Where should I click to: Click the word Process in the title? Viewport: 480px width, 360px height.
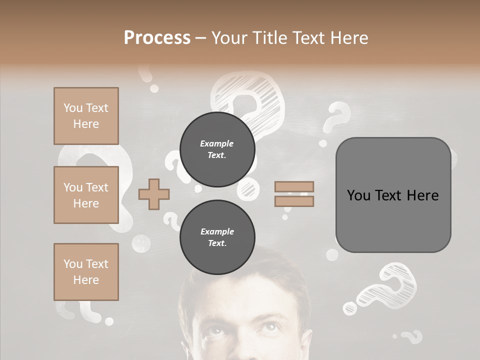pos(157,38)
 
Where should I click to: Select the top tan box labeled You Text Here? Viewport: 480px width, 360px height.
pos(86,116)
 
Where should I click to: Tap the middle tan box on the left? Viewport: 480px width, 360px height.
pos(86,195)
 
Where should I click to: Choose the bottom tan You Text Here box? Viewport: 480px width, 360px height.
pos(86,272)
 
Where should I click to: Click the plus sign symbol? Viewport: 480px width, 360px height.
pos(154,194)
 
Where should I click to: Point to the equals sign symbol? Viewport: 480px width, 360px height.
pos(294,194)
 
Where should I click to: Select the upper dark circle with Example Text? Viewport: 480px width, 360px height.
pos(217,149)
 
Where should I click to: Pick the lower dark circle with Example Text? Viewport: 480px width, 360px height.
pos(217,237)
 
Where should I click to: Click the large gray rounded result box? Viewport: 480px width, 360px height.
pos(393,195)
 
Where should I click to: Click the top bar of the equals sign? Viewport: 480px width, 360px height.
pos(294,186)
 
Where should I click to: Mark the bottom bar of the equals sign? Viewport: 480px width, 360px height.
pos(294,201)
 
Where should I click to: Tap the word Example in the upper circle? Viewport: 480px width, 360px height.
pos(217,143)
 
